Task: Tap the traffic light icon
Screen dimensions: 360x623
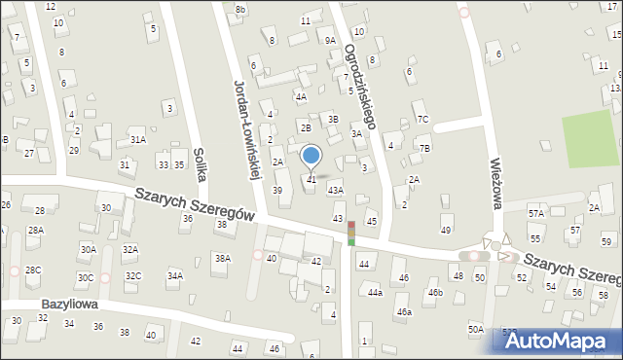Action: click(351, 233)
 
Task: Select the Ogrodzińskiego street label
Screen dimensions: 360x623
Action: click(361, 83)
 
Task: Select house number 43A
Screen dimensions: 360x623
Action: click(335, 191)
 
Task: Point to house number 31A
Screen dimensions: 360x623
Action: click(138, 140)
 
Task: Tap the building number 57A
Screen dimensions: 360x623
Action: click(535, 213)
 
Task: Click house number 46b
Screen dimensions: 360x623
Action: click(435, 292)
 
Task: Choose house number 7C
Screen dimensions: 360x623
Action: click(422, 120)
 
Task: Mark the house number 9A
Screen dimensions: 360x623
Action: click(330, 41)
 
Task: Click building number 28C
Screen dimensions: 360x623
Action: click(33, 270)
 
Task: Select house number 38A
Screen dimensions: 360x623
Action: click(223, 259)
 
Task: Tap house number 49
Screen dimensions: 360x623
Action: click(446, 230)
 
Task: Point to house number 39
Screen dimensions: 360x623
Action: click(277, 190)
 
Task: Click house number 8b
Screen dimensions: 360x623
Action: click(240, 9)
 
